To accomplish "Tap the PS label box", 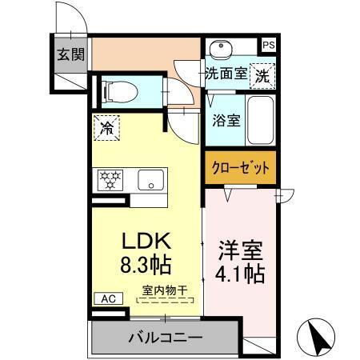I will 269,46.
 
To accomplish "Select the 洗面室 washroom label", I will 226,74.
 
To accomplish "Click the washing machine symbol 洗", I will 262,76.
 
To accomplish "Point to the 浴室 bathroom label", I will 226,122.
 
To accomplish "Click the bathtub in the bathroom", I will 261,121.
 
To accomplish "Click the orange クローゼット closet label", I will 240,167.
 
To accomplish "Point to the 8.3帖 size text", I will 146,263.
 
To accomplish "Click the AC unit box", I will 106,298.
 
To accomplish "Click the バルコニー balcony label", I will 165,338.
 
